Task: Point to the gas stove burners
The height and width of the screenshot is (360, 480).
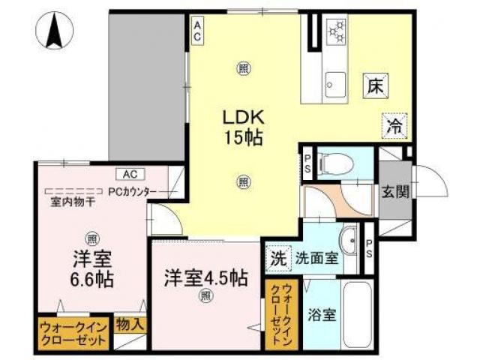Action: pos(335,31)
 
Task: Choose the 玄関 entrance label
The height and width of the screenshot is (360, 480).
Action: pos(393,192)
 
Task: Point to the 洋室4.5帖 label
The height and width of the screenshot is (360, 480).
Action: pos(206,277)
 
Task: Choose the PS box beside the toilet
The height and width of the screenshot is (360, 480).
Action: pos(307,162)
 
